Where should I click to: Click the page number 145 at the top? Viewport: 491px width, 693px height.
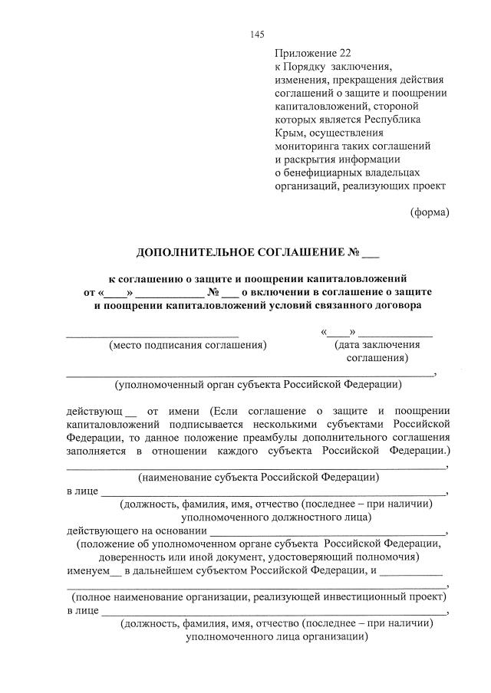click(x=257, y=34)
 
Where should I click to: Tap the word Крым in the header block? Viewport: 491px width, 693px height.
click(x=288, y=133)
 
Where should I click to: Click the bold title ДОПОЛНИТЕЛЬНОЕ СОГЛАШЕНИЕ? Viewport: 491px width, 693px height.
click(x=240, y=253)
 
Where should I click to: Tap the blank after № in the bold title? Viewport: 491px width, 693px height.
click(x=371, y=255)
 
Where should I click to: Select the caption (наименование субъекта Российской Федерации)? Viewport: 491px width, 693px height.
click(x=258, y=477)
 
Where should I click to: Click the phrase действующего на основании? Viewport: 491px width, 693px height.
click(x=137, y=530)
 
